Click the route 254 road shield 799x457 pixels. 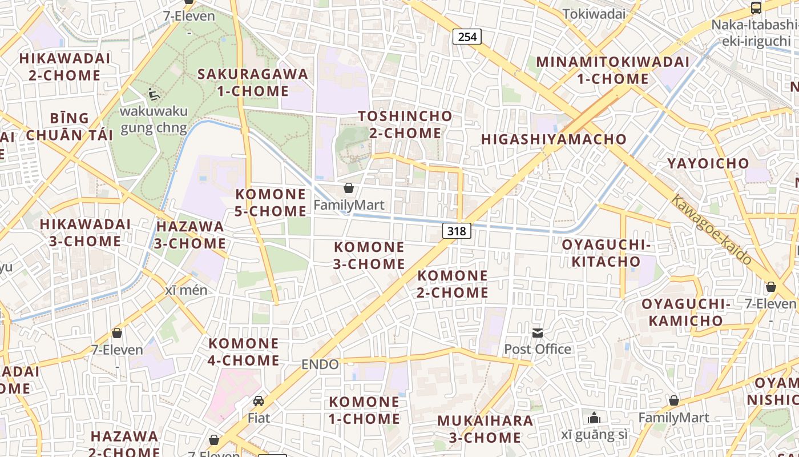(x=467, y=37)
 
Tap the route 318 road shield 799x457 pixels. (x=457, y=231)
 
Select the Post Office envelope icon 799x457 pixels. (x=538, y=332)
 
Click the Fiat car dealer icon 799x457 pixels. (x=259, y=401)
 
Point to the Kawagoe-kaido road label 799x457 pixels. (x=711, y=230)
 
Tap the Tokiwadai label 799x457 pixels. (x=594, y=14)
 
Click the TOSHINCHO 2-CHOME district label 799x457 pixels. (x=405, y=125)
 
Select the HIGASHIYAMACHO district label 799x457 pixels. (x=554, y=139)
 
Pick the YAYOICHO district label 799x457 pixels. (x=708, y=163)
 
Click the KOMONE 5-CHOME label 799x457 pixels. (x=271, y=203)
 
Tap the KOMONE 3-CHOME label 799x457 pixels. (x=369, y=255)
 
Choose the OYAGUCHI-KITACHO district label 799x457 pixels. (x=606, y=253)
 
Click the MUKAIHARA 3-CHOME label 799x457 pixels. (x=485, y=430)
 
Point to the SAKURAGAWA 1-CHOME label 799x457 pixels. (x=253, y=82)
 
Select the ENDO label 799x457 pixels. (x=320, y=364)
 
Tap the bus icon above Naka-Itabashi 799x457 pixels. (x=756, y=8)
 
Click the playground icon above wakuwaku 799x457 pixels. (x=153, y=94)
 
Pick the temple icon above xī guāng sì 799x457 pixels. (x=594, y=418)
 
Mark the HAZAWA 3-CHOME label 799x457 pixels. (x=191, y=235)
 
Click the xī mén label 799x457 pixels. (x=186, y=290)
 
